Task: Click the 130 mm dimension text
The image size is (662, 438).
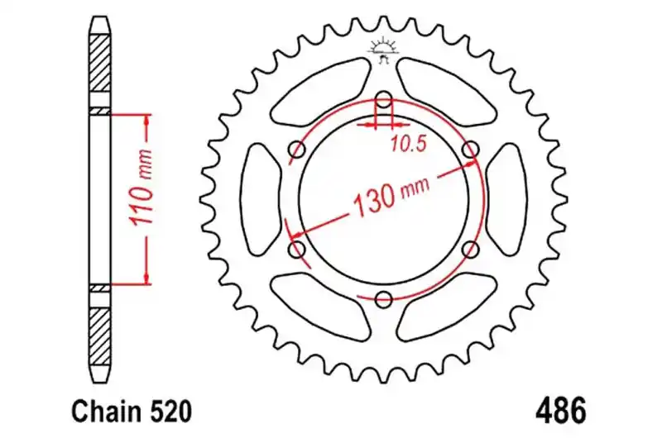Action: pyautogui.click(x=390, y=194)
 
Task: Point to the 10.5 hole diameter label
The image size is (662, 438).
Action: pyautogui.click(x=407, y=145)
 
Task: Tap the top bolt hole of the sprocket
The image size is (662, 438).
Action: pyautogui.click(x=383, y=100)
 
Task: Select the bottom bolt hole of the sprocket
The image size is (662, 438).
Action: pyautogui.click(x=383, y=299)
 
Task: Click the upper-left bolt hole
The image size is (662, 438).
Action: pyautogui.click(x=297, y=150)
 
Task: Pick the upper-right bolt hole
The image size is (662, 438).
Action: pyautogui.click(x=470, y=150)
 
